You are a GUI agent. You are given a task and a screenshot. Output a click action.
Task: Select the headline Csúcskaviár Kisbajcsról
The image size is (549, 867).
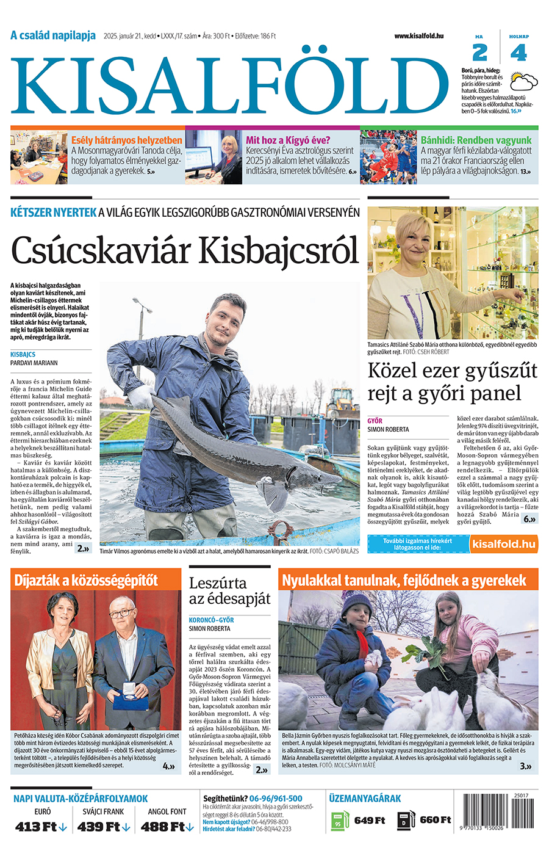pos(184,251)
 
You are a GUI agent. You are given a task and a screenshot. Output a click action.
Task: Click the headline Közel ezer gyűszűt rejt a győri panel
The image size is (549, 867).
pos(452,382)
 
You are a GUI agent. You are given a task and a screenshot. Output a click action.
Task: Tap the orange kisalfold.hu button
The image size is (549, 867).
pos(504,544)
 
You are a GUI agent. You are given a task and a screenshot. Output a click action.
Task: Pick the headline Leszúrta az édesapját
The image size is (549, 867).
pos(229,590)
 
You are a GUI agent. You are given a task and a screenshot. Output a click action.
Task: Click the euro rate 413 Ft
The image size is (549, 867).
pos(40,827)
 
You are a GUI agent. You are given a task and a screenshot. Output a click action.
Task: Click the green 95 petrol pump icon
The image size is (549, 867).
pos(339,821)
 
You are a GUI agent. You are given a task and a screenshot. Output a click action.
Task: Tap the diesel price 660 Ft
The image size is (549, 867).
pos(435,820)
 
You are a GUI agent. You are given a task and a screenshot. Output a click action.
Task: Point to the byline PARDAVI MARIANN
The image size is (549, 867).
pos(34,363)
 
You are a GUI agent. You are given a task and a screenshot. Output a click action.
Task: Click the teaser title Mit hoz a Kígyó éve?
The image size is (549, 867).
pos(288,140)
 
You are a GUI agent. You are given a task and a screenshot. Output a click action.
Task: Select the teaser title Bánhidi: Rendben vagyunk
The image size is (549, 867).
pos(476,140)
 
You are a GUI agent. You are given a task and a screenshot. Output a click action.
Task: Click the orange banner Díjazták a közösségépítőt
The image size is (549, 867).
pos(86,579)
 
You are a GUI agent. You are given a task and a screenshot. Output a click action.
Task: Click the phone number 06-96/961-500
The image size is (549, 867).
pos(276,798)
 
